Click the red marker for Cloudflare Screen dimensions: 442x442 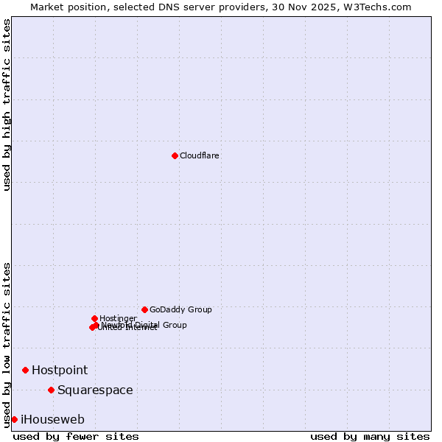click(175, 155)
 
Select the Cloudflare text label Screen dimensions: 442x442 click(200, 155)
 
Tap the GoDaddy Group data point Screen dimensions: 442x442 click(144, 309)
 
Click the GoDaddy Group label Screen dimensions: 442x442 click(180, 309)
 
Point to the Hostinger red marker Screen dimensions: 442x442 click(94, 318)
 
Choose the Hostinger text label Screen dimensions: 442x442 click(118, 318)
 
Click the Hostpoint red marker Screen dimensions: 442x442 click(25, 370)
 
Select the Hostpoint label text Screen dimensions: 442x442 click(60, 370)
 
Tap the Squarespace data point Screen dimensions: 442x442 click(51, 390)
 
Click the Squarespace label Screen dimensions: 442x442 click(95, 390)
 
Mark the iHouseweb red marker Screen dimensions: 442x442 click(14, 419)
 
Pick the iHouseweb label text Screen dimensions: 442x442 click(52, 419)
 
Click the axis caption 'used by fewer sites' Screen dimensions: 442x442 click(76, 436)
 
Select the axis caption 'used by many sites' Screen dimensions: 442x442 click(370, 436)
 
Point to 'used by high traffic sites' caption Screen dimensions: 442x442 click(7, 105)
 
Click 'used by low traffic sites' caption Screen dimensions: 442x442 click(7, 344)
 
